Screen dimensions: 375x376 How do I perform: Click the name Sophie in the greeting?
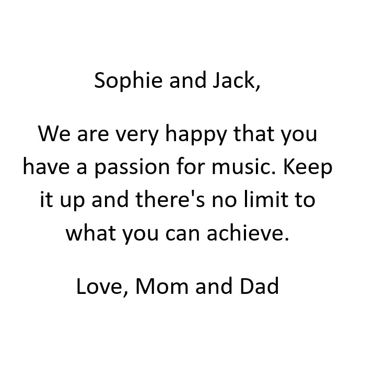[x=128, y=81]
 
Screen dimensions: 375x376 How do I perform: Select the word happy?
[x=196, y=134]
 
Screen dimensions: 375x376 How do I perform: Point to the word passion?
[x=132, y=168]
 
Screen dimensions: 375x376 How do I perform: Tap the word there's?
[x=170, y=199]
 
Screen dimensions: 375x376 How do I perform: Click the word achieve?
[x=248, y=233]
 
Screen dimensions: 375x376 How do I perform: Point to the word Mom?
[x=162, y=286]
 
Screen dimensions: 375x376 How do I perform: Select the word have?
[x=46, y=167]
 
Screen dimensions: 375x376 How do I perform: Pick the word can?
[x=182, y=234]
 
